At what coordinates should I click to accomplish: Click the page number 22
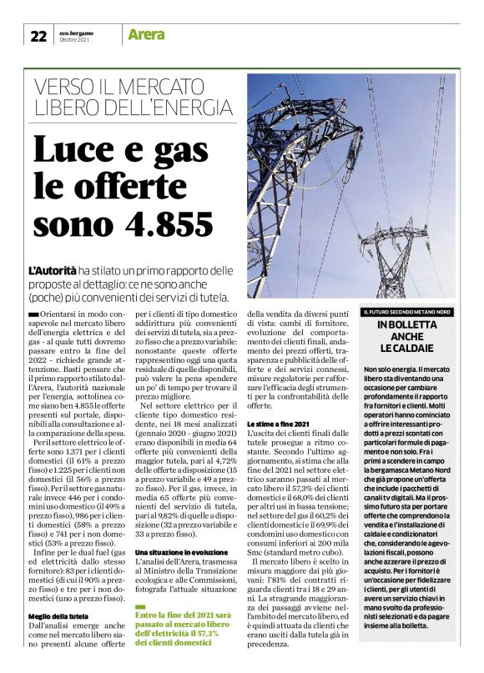pos(38,36)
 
